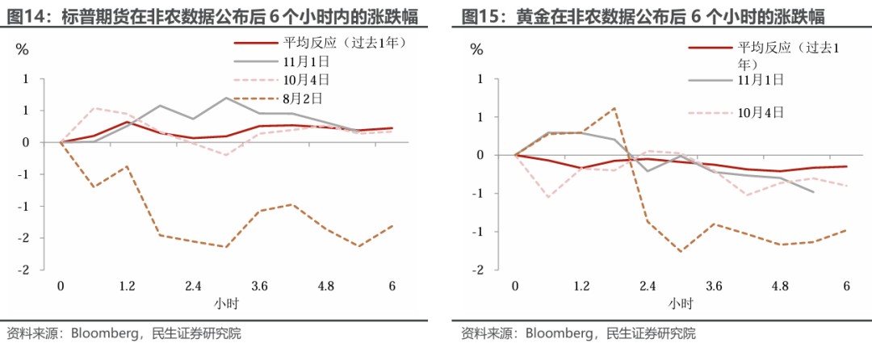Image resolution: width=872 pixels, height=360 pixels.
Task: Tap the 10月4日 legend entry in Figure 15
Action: pyautogui.click(x=736, y=112)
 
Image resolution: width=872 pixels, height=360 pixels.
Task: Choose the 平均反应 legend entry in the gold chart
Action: pyautogui.click(x=764, y=55)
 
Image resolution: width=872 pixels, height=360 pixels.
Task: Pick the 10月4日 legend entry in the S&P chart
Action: pyautogui.click(x=282, y=80)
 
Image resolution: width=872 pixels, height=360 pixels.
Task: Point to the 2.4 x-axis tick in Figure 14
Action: pyautogui.click(x=193, y=286)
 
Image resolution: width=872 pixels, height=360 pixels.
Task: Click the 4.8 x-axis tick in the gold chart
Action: pyautogui.click(x=780, y=286)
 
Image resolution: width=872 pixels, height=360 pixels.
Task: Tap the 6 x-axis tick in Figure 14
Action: pyautogui.click(x=392, y=286)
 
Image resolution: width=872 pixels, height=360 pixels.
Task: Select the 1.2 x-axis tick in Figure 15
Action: pyautogui.click(x=581, y=286)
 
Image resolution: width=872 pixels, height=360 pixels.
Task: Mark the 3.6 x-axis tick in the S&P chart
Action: pyautogui.click(x=259, y=286)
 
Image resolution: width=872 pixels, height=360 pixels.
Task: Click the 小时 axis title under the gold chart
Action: pyautogui.click(x=680, y=303)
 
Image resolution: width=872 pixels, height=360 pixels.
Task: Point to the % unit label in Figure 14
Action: pyautogui.click(x=23, y=49)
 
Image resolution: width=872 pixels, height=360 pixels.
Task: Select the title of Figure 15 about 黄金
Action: pyautogui.click(x=644, y=17)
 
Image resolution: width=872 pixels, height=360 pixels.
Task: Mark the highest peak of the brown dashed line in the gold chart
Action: pyautogui.click(x=614, y=108)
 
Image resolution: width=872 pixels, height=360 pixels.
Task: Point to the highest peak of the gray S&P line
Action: pyautogui.click(x=226, y=98)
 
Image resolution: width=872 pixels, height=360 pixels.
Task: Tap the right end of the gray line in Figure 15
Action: pyautogui.click(x=814, y=192)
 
